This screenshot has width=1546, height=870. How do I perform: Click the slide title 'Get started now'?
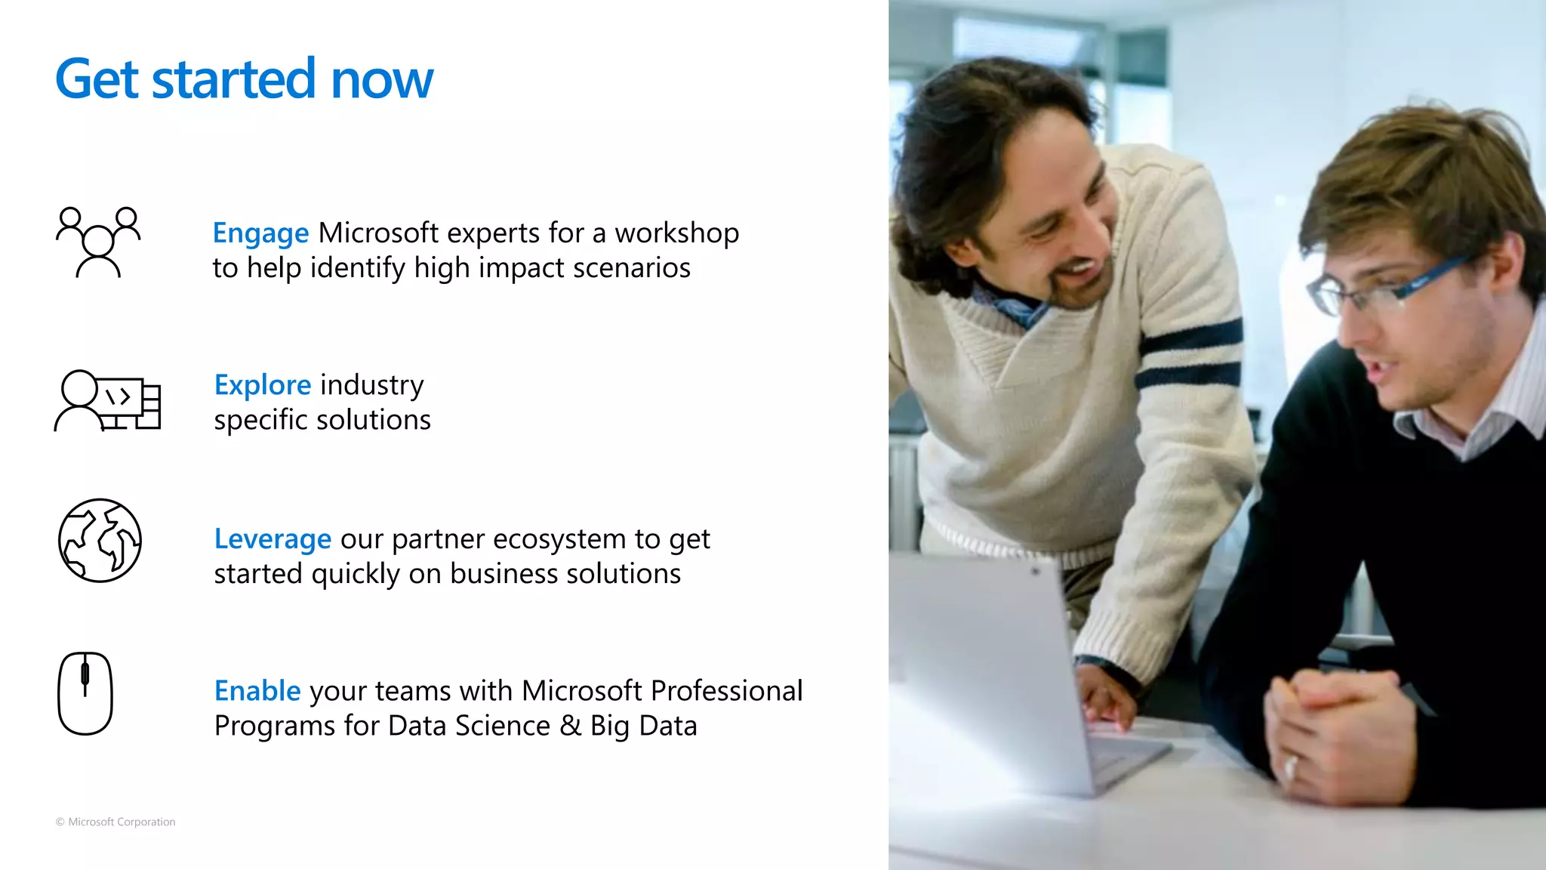point(244,79)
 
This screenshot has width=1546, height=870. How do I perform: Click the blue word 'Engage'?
point(260,233)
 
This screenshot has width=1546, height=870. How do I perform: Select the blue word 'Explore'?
point(262,385)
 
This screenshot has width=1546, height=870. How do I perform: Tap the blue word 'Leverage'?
point(273,539)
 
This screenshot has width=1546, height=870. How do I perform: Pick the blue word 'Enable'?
point(257,691)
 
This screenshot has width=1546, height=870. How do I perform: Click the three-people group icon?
point(98,242)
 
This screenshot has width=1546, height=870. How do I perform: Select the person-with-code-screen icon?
point(108,400)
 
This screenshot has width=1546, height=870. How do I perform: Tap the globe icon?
point(100,540)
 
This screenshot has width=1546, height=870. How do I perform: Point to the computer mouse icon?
point(85,693)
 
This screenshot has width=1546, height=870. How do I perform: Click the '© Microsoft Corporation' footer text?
point(115,822)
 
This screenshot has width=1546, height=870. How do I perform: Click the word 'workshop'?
point(676,233)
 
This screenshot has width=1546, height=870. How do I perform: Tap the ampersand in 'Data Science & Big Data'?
point(570,726)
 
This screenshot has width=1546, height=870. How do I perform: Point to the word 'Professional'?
point(726,691)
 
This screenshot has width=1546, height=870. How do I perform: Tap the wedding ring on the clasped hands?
point(1290,769)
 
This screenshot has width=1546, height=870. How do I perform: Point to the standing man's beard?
point(1072,287)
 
